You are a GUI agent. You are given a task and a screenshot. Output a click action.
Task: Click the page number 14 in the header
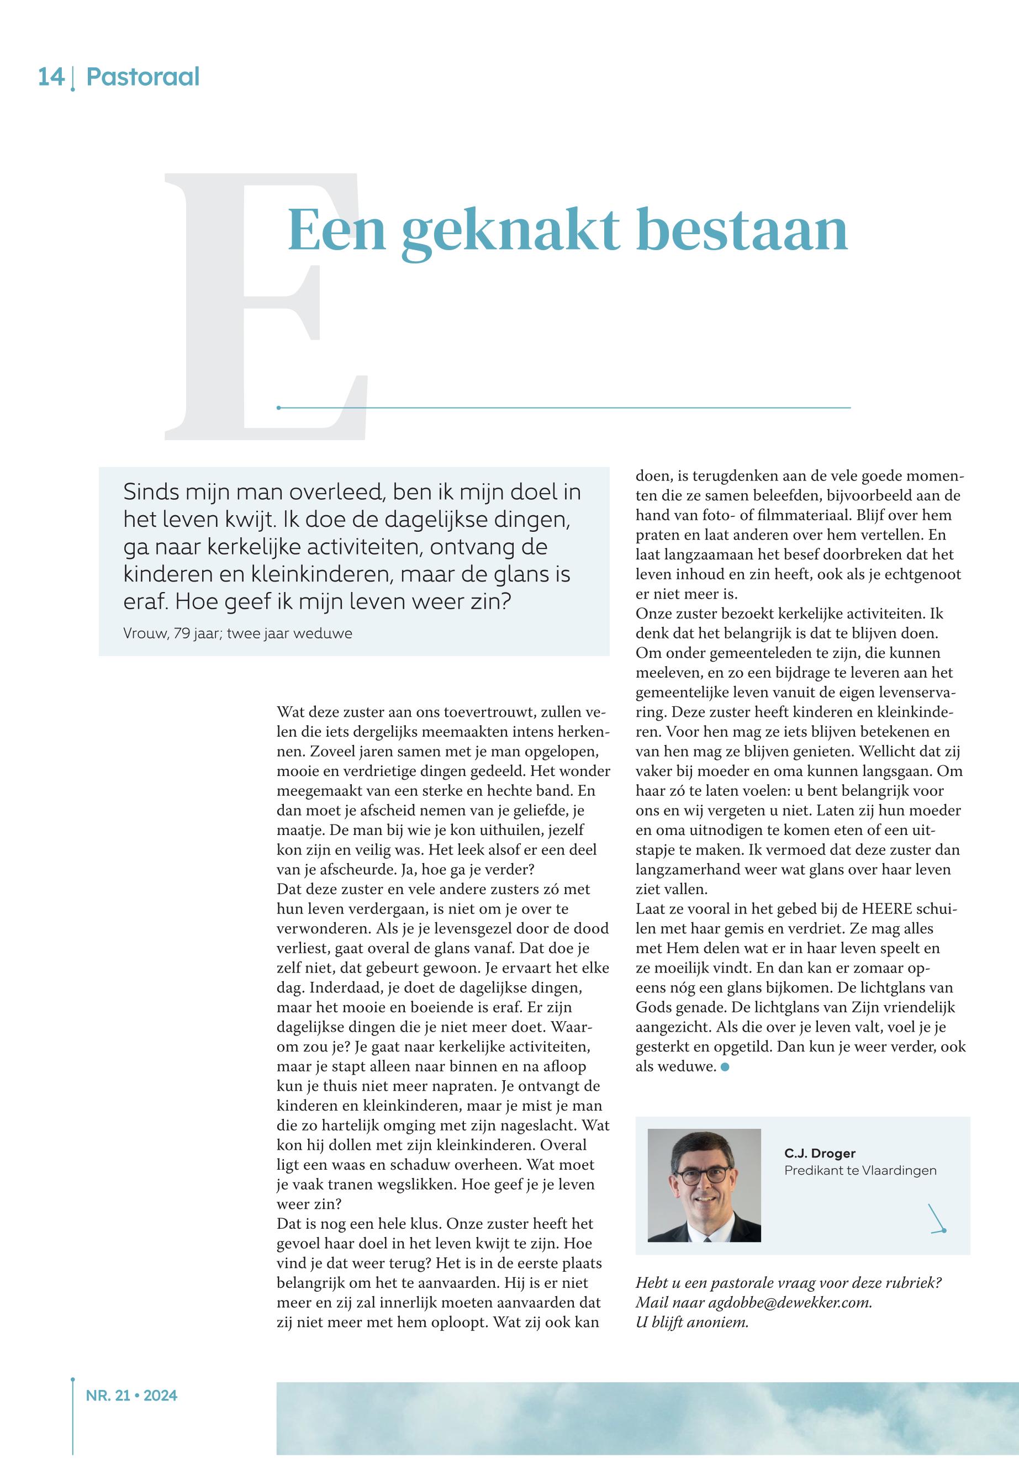click(x=51, y=77)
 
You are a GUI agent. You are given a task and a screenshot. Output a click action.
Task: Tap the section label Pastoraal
click(x=142, y=77)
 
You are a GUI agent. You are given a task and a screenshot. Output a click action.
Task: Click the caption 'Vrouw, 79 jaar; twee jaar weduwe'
click(x=237, y=633)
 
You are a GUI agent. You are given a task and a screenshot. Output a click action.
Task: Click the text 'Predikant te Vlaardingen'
click(x=860, y=1170)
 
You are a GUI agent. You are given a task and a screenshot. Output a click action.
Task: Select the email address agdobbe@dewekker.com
click(x=789, y=1302)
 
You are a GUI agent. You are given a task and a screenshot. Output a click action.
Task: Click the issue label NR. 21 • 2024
click(x=131, y=1396)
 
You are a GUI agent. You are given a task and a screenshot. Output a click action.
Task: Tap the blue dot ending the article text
click(x=725, y=1067)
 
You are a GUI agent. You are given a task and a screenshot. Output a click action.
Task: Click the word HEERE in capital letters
click(x=889, y=909)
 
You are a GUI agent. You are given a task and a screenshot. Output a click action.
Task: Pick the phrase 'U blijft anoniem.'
click(x=691, y=1322)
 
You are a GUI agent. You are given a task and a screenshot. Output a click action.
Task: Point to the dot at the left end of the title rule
click(x=278, y=408)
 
